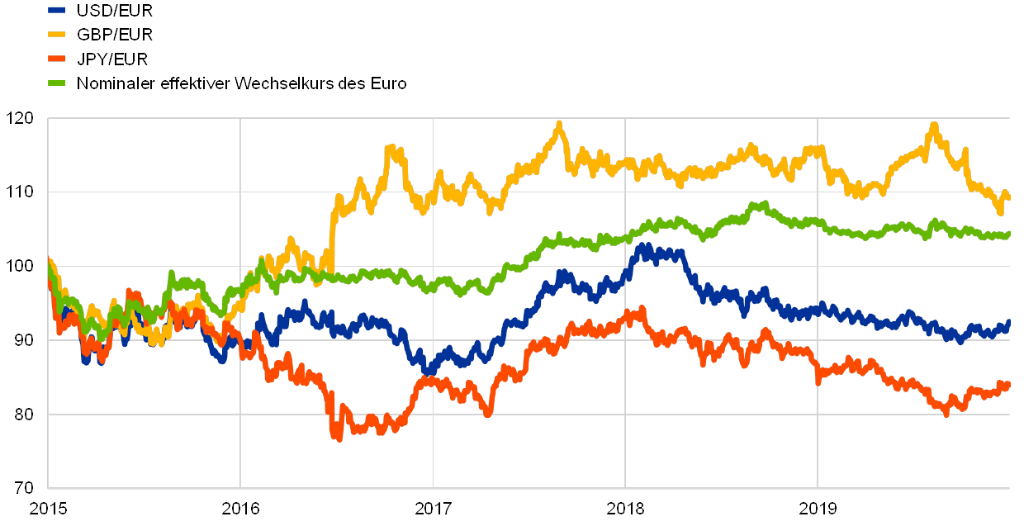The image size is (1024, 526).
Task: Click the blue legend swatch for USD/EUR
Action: [57, 11]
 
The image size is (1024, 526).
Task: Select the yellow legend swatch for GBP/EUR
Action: [57, 35]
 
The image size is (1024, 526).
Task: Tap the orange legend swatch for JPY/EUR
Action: [57, 59]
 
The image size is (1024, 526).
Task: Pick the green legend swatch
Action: [57, 83]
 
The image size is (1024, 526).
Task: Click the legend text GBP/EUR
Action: [115, 35]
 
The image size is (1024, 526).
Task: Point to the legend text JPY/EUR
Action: [113, 59]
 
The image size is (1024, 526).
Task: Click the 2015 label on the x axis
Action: [47, 506]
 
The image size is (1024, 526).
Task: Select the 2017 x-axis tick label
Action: [433, 506]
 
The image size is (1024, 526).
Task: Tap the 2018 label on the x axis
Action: [625, 506]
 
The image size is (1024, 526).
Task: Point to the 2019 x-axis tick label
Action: [818, 506]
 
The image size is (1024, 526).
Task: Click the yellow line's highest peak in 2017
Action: [560, 125]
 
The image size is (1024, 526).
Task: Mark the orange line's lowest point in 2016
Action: [338, 438]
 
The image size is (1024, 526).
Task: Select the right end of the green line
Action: [1008, 235]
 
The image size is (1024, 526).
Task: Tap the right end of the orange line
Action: [1008, 383]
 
